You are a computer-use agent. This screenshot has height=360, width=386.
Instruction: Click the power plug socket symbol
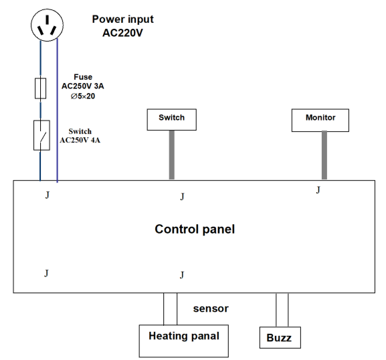coord(47,25)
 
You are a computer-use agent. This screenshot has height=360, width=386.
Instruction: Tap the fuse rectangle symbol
coord(40,88)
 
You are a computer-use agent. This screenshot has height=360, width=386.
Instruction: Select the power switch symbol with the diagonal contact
coord(41,135)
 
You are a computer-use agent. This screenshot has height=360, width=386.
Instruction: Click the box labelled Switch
coord(171,119)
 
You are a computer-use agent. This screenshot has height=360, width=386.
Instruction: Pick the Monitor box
coord(320,120)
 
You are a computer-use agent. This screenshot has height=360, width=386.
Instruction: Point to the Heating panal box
coord(184,341)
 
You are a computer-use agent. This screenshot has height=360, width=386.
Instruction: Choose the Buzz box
coord(280,337)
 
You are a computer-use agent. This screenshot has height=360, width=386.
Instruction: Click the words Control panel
coord(195,229)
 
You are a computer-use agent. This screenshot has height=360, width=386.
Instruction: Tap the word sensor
coord(211,308)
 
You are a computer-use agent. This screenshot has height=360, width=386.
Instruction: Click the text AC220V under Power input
coord(122,33)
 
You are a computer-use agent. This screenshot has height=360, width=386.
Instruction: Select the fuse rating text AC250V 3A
coord(83,86)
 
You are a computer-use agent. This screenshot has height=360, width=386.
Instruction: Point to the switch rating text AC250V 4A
coord(80,140)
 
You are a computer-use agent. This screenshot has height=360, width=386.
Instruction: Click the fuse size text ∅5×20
coord(83,96)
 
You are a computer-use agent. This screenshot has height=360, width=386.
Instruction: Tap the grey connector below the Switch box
coord(171,155)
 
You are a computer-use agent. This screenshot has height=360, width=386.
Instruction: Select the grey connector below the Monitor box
coord(324,155)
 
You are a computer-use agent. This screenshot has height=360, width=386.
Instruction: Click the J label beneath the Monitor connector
coord(318,190)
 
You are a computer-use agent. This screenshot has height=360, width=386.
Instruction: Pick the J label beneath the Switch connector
coord(182,197)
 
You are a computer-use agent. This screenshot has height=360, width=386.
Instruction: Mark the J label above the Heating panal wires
coord(182,275)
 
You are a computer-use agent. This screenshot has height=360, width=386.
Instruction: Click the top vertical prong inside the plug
coord(47,19)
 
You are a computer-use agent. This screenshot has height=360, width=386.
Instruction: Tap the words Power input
coord(122,19)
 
